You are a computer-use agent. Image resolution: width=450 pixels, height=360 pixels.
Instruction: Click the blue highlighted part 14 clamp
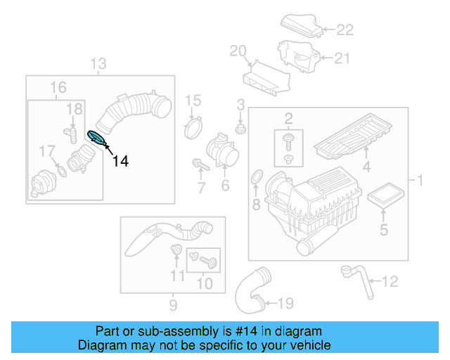pyautogui.click(x=96, y=139)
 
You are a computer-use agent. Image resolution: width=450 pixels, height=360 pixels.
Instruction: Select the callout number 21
pyautogui.click(x=341, y=58)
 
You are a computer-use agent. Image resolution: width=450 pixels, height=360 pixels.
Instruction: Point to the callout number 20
pyautogui.click(x=238, y=50)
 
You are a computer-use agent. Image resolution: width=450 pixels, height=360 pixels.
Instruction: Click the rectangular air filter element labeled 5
pyautogui.click(x=384, y=195)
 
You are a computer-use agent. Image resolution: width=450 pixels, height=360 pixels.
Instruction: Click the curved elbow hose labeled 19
pyautogui.click(x=251, y=289)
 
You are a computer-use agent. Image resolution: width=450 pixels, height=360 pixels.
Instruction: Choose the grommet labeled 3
pyautogui.click(x=240, y=129)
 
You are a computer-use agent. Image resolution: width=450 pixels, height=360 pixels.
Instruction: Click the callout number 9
pyautogui.click(x=172, y=304)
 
